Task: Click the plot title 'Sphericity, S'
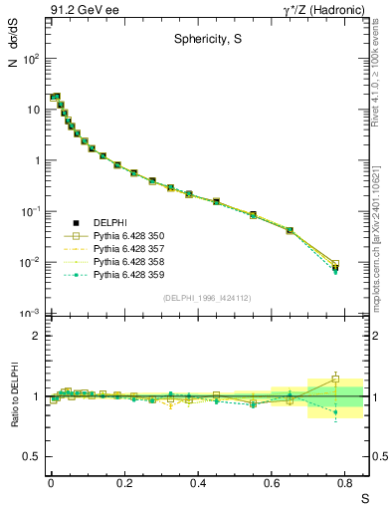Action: pyautogui.click(x=203, y=41)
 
